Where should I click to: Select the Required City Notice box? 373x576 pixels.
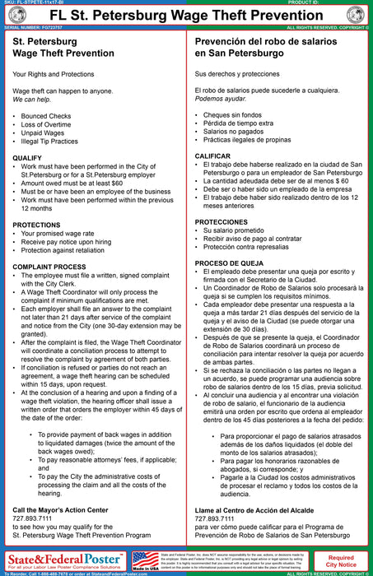coord(341,560)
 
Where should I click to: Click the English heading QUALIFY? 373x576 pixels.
coord(27,157)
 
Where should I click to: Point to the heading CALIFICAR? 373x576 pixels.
coord(212,156)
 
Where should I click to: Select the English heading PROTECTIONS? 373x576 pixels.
coord(36,224)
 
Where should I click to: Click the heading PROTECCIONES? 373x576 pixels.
coord(221,222)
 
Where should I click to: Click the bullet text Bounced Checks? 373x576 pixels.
coord(46,117)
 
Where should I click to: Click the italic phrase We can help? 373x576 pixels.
coord(30,100)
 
